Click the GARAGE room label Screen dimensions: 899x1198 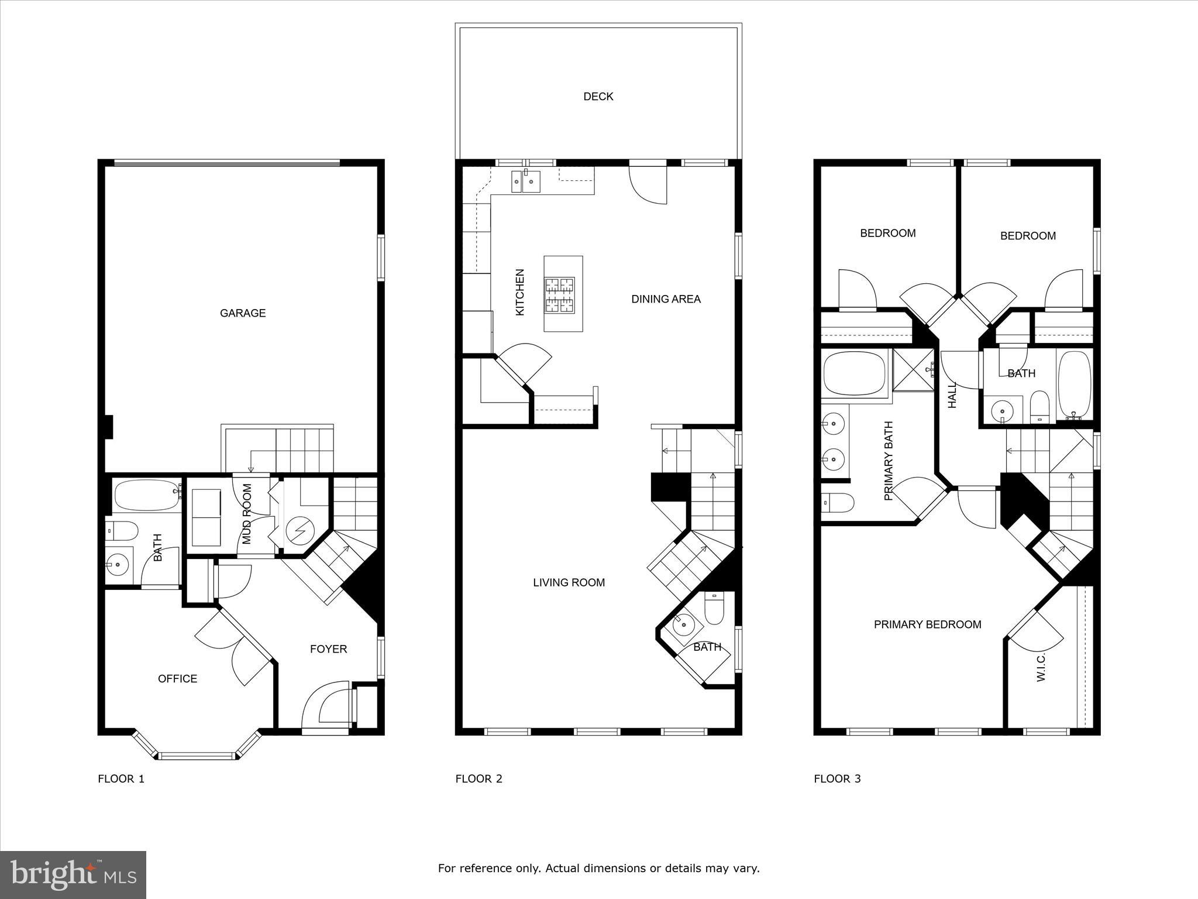coord(243,313)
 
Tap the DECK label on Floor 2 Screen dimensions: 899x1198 coord(598,97)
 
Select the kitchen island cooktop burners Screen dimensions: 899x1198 coord(560,295)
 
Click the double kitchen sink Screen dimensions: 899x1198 coord(525,181)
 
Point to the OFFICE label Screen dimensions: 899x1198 coord(177,678)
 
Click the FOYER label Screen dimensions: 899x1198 coord(328,648)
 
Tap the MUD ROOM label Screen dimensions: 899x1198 coord(247,514)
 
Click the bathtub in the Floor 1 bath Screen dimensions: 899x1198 coord(146,495)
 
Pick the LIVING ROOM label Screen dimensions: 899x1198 coord(569,582)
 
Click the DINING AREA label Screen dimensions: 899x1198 coord(666,299)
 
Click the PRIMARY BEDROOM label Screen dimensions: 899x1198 coord(927,625)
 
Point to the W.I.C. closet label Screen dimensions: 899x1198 coord(1041,668)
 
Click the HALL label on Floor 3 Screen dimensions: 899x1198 coord(952,395)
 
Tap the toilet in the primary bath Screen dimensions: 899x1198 coord(837,502)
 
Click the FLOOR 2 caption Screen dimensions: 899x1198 coord(478,778)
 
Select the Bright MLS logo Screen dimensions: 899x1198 coord(73,874)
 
